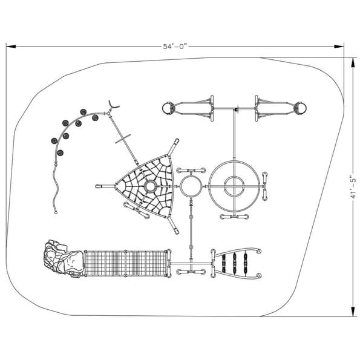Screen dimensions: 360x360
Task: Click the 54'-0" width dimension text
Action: click(x=175, y=46)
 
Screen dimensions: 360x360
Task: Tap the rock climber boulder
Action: click(x=63, y=258)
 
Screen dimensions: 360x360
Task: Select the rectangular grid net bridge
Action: click(x=126, y=263)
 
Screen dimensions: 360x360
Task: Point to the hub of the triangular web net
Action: click(x=149, y=186)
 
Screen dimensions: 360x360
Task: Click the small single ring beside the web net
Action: click(x=191, y=186)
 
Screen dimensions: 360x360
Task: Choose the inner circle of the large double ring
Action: click(x=234, y=186)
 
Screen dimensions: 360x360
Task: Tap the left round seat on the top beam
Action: click(x=168, y=109)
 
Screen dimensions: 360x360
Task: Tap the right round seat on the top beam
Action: click(x=300, y=109)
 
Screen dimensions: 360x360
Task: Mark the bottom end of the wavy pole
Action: click(x=56, y=212)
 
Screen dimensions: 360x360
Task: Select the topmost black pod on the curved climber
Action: click(x=83, y=113)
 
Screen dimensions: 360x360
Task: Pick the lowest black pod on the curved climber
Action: click(x=59, y=152)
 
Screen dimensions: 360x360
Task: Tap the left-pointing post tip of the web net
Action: click(x=98, y=187)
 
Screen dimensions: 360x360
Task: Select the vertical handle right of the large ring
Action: click(x=264, y=186)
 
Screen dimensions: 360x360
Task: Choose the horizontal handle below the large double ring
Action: click(x=234, y=217)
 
